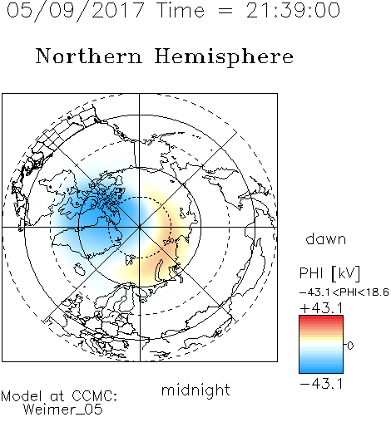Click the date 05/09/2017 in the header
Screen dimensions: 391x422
pyautogui.click(x=76, y=11)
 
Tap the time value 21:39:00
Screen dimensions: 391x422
pyautogui.click(x=293, y=10)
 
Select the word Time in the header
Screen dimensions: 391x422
pyautogui.click(x=181, y=10)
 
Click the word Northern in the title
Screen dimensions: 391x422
pyautogui.click(x=89, y=56)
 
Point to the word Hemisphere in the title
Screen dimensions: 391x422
pyautogui.click(x=224, y=57)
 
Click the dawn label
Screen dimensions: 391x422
pyautogui.click(x=326, y=238)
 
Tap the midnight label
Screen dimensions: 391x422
pyautogui.click(x=195, y=390)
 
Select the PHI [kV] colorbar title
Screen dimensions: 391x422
pyautogui.click(x=329, y=273)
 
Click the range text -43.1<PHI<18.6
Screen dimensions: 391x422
pyautogui.click(x=344, y=292)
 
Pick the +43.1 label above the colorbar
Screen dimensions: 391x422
pyautogui.click(x=322, y=308)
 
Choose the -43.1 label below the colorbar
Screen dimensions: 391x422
pyautogui.click(x=322, y=384)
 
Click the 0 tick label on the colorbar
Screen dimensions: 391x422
pyautogui.click(x=350, y=346)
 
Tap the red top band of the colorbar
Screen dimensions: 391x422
pyautogui.click(x=321, y=317)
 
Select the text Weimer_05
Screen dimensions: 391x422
pyautogui.click(x=63, y=410)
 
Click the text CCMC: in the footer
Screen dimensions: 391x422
pyautogui.click(x=94, y=396)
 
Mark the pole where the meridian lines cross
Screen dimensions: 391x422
pyautogui.click(x=140, y=228)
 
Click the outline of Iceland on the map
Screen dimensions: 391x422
pyautogui.click(x=79, y=269)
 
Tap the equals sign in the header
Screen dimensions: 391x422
pyautogui.click(x=225, y=11)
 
